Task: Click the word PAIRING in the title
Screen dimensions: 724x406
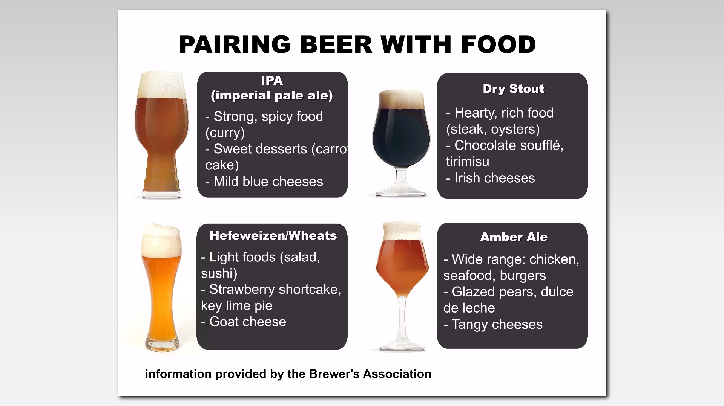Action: pos(235,44)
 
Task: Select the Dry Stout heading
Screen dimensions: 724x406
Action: pos(513,89)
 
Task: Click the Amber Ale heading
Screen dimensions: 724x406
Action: pos(514,237)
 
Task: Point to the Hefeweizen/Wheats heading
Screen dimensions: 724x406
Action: pos(273,236)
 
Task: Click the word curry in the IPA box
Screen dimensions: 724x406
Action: pos(225,133)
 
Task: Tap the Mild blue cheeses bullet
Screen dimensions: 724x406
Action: pos(264,182)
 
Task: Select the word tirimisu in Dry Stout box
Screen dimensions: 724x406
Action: pos(468,162)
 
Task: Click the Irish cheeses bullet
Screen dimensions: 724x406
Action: pos(490,178)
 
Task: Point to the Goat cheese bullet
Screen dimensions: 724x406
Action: pos(244,322)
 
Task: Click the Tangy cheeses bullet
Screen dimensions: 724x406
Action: pos(493,324)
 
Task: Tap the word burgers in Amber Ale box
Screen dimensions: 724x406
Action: pos(523,276)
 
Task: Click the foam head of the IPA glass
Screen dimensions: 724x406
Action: pos(161,84)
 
